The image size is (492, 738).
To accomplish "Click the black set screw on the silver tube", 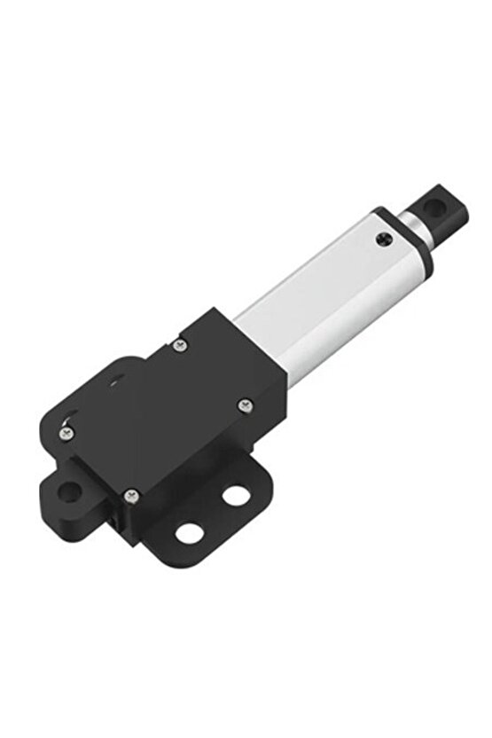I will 383,239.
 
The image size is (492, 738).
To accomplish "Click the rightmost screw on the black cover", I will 245,404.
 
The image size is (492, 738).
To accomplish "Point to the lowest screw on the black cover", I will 131,494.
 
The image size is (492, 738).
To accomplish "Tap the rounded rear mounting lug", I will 62,490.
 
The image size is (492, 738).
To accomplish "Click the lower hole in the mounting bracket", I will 189,533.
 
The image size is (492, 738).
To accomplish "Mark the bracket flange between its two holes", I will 213,514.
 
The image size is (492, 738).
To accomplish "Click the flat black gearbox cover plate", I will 160,417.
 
